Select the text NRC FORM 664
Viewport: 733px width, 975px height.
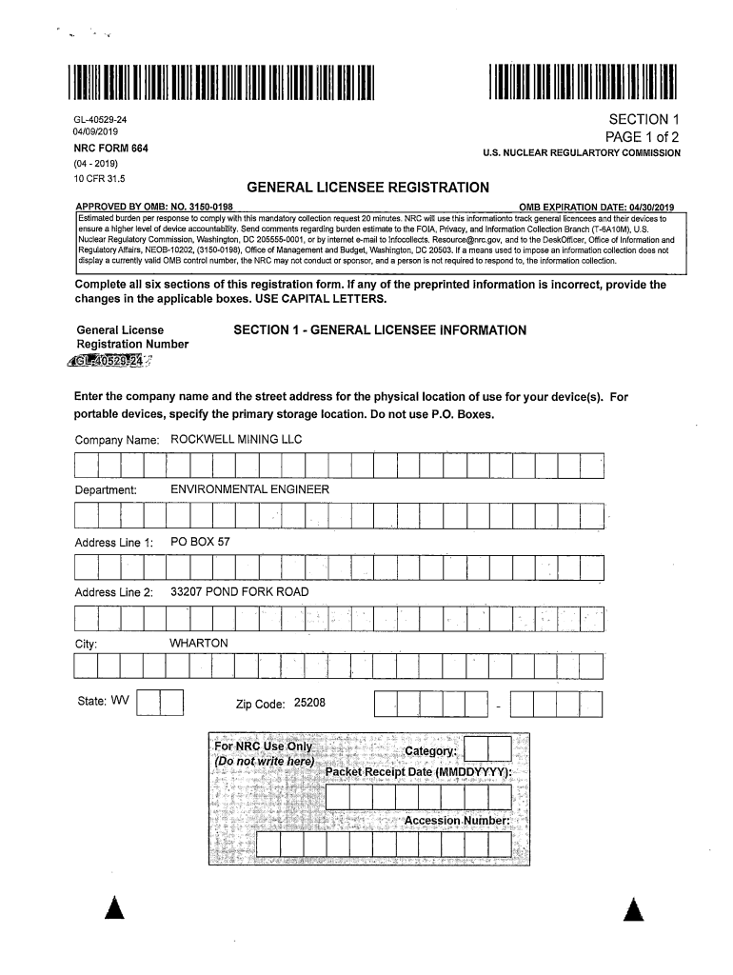tap(112, 149)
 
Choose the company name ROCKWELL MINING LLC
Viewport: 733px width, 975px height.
tap(235, 440)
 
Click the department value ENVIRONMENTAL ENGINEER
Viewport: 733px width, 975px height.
tap(249, 489)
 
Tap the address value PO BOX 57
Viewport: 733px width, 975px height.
tap(200, 542)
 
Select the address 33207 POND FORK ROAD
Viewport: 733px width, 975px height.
tap(239, 592)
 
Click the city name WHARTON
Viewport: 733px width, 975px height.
tap(199, 644)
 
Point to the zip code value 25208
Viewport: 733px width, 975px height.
tap(310, 703)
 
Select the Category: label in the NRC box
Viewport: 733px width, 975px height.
tap(431, 752)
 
